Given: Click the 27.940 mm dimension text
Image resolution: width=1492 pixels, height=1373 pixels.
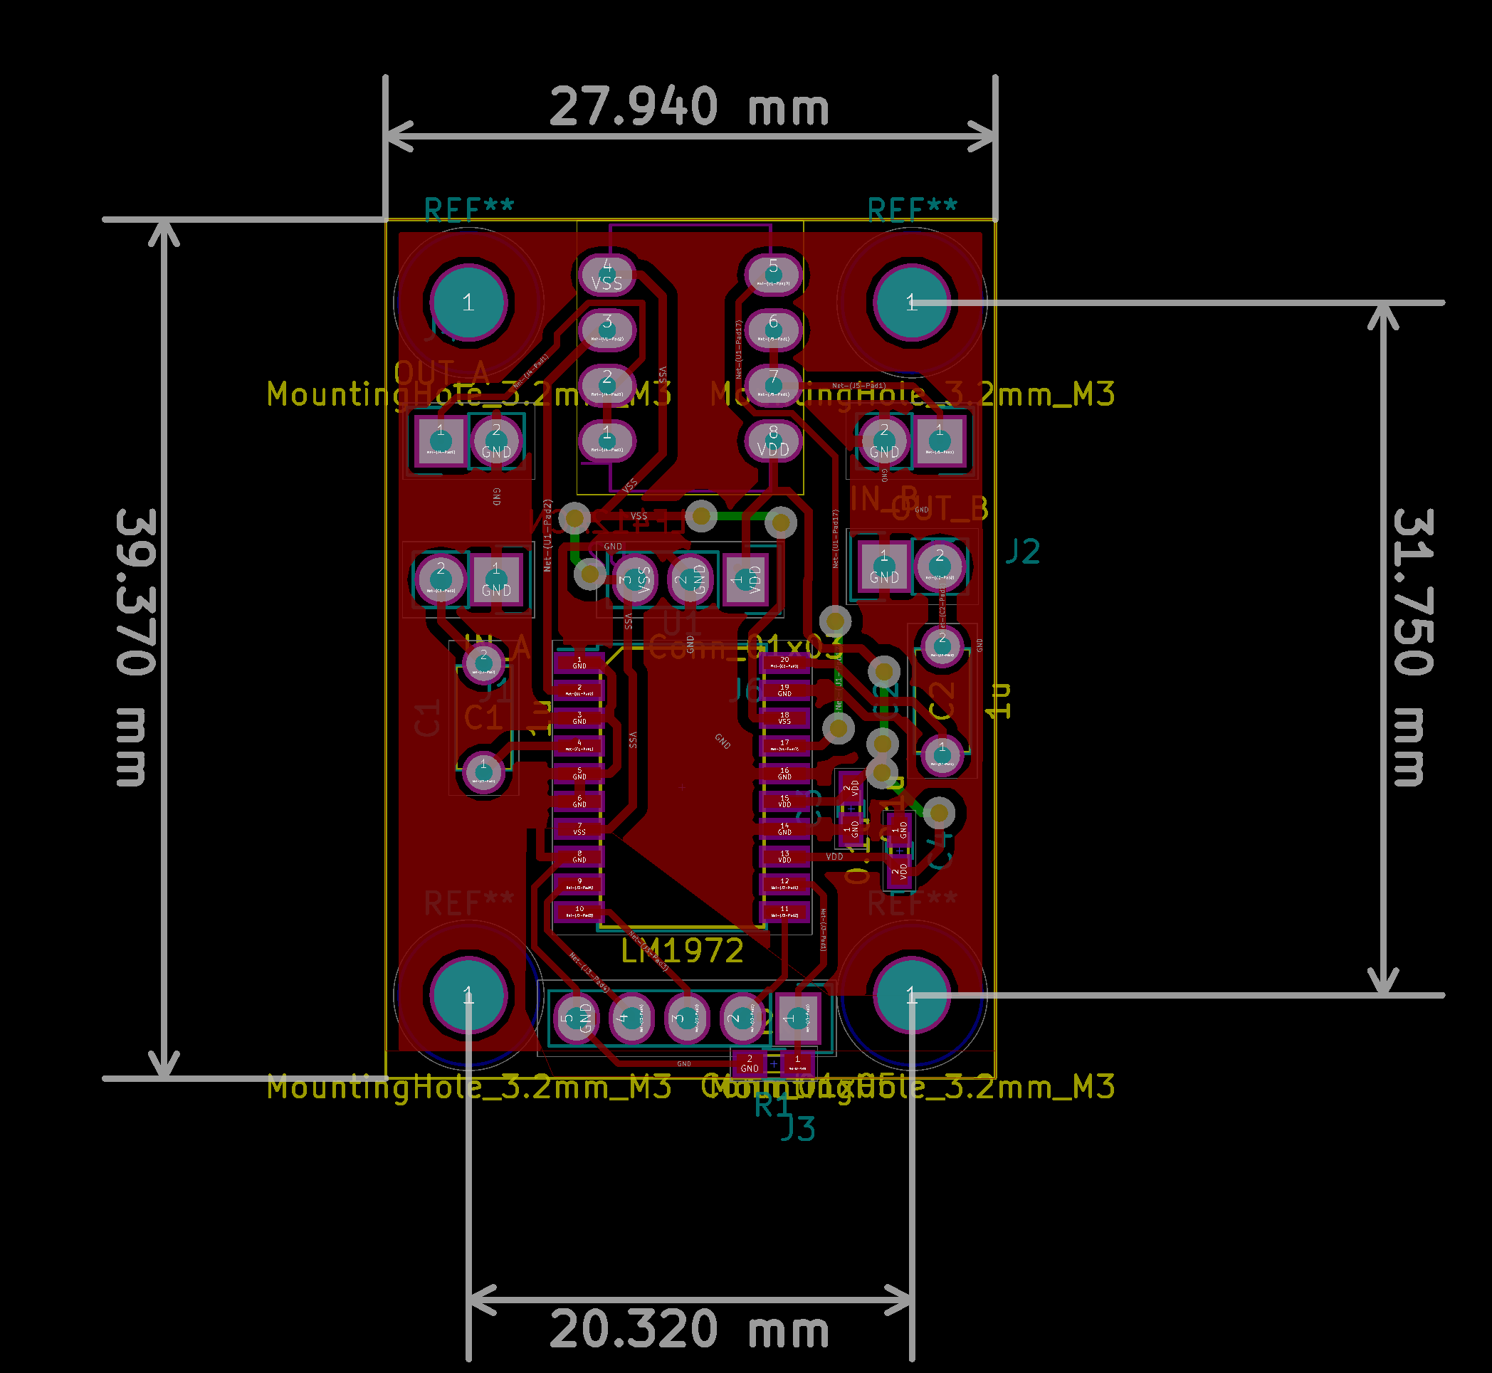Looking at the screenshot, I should (x=689, y=107).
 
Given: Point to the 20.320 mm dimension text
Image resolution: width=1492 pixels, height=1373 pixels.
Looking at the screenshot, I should (x=689, y=1330).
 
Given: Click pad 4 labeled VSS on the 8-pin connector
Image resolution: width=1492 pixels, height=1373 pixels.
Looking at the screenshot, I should (x=606, y=274).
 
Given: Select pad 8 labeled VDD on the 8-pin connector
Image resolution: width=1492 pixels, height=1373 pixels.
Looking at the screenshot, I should (x=773, y=441).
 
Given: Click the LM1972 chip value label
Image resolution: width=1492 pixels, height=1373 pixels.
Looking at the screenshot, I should (x=682, y=951).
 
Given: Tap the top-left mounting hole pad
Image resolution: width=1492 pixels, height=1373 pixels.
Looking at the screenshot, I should (x=468, y=303).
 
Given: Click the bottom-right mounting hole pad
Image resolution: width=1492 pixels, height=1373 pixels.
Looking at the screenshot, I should (x=911, y=996).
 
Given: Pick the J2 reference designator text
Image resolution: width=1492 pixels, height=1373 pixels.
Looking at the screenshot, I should (x=1022, y=552).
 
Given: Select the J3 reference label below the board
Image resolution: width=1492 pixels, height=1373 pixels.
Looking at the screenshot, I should (x=798, y=1130).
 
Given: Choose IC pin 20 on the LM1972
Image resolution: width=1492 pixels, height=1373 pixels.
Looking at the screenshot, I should (x=784, y=662).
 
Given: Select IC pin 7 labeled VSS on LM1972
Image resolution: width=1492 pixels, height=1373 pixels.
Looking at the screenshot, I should (x=579, y=828).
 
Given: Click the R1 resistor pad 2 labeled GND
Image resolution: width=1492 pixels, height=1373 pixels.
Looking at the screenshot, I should (x=749, y=1064).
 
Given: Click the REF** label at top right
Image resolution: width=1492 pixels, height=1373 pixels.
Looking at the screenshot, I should (x=913, y=210).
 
